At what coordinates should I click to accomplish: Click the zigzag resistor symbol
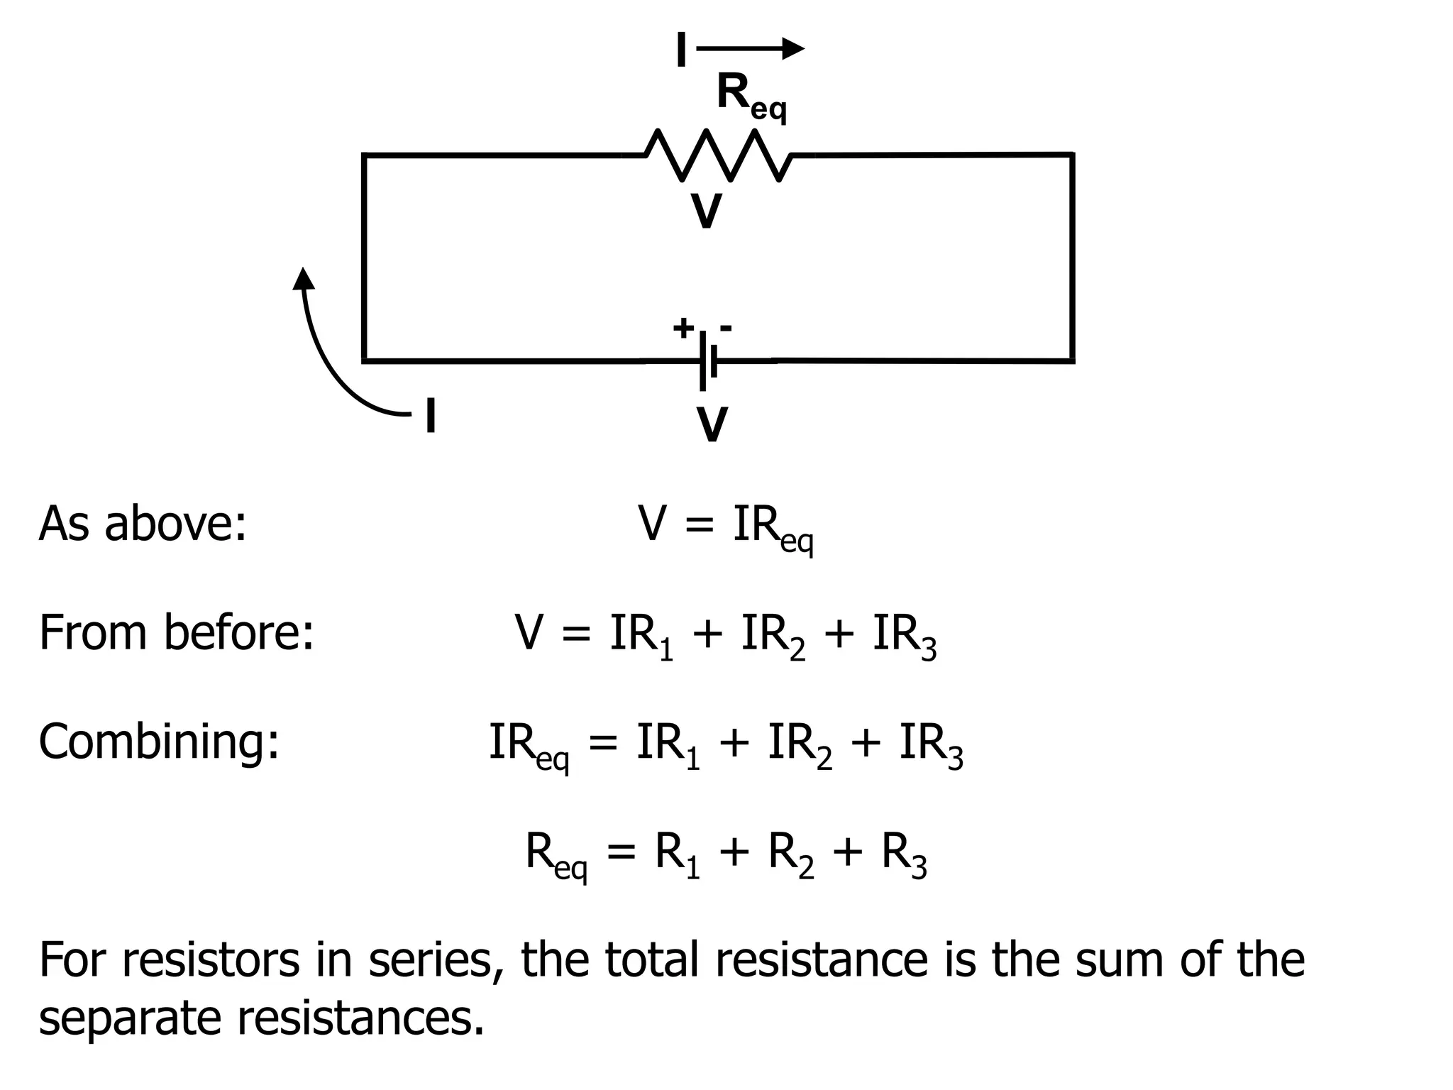718,154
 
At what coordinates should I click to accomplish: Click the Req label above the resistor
751,98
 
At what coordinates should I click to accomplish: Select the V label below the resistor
706,211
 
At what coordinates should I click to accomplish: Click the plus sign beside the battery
683,328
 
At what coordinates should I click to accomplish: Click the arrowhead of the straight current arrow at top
792,48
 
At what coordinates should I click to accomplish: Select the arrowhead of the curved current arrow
304,278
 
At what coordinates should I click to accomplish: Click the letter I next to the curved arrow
430,416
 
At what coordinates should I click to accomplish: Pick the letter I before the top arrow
681,51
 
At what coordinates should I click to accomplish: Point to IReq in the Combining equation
529,745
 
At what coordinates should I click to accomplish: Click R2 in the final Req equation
790,854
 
